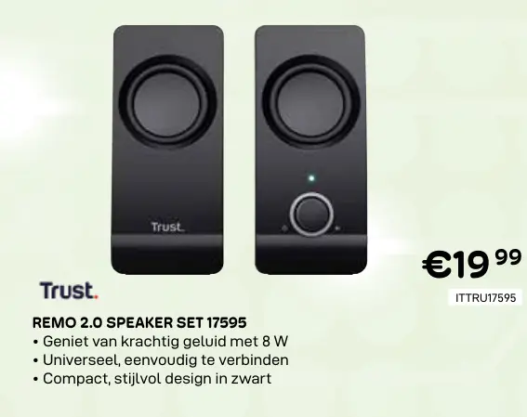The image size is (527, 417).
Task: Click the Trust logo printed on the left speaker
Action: pos(168,227)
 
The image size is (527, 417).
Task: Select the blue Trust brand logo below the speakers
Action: pos(68,291)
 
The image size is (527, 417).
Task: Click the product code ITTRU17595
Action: pos(485,298)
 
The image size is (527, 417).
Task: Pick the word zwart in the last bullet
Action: pos(253,378)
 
